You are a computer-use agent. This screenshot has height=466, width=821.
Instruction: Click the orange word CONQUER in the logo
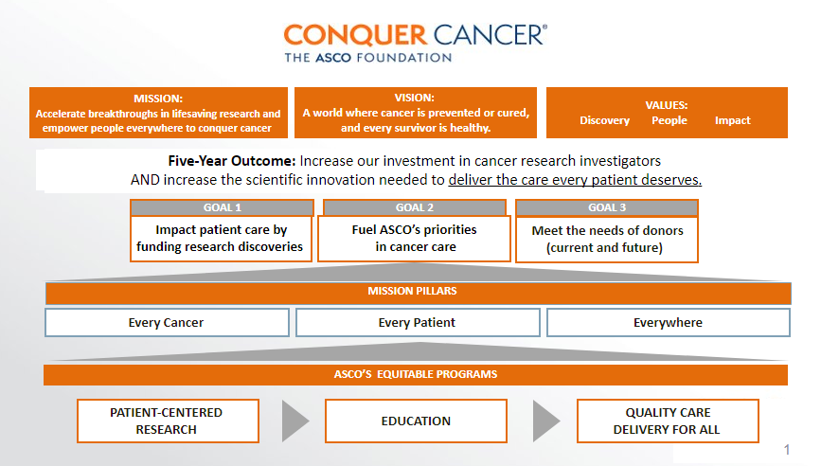[x=355, y=36]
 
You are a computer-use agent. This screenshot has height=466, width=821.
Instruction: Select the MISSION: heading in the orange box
[x=158, y=99]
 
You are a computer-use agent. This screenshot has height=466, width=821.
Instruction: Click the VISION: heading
[x=415, y=98]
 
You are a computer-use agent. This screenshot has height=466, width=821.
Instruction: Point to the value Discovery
[x=605, y=120]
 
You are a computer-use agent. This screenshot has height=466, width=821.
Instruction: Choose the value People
[x=669, y=120]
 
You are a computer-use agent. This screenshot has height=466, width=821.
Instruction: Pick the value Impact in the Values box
[x=733, y=120]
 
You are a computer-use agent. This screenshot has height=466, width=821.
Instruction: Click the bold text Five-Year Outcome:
[x=232, y=161]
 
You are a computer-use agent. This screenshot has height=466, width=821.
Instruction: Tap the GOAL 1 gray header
[x=222, y=207]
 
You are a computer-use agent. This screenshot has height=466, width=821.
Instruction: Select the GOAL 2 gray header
[x=415, y=207]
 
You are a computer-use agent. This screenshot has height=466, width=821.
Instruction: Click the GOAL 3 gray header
[x=607, y=207]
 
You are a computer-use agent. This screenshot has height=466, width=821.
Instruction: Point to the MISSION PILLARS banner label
[x=412, y=291]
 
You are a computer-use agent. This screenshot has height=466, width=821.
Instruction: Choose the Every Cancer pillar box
[x=167, y=323]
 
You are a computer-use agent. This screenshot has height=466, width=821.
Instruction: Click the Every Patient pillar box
[x=418, y=323]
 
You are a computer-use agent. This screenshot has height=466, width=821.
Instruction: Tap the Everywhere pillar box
[x=669, y=323]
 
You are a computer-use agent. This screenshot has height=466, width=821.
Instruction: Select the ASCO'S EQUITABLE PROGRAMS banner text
[x=416, y=374]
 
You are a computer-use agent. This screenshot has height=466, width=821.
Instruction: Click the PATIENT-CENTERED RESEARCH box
[x=168, y=421]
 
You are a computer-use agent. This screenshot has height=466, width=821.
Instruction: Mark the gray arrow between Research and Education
[x=295, y=421]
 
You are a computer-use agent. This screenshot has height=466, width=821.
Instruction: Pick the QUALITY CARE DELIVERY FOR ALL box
[x=668, y=421]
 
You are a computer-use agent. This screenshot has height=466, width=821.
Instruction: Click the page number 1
[x=787, y=449]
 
